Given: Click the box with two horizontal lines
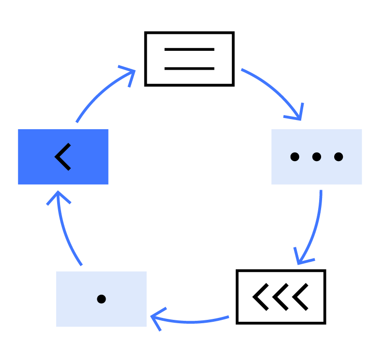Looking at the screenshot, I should [189, 59].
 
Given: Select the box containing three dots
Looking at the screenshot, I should [316, 157].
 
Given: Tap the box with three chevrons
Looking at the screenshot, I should [280, 297].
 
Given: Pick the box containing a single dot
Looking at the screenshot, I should [101, 299].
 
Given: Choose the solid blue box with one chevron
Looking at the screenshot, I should [63, 157].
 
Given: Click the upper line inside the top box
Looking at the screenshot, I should [189, 49].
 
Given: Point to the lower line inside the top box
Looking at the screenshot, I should [189, 68].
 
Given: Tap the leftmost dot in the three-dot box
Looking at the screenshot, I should [294, 157].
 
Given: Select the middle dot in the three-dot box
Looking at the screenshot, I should [316, 157].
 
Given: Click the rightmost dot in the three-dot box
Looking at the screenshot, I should [339, 157].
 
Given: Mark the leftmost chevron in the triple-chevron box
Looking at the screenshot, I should [260, 297].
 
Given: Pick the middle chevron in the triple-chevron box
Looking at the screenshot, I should [280, 297].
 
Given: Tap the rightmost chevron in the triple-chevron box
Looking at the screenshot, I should [301, 297].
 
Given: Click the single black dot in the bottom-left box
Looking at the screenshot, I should [101, 299].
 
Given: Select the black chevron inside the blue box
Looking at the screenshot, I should [63, 157].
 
